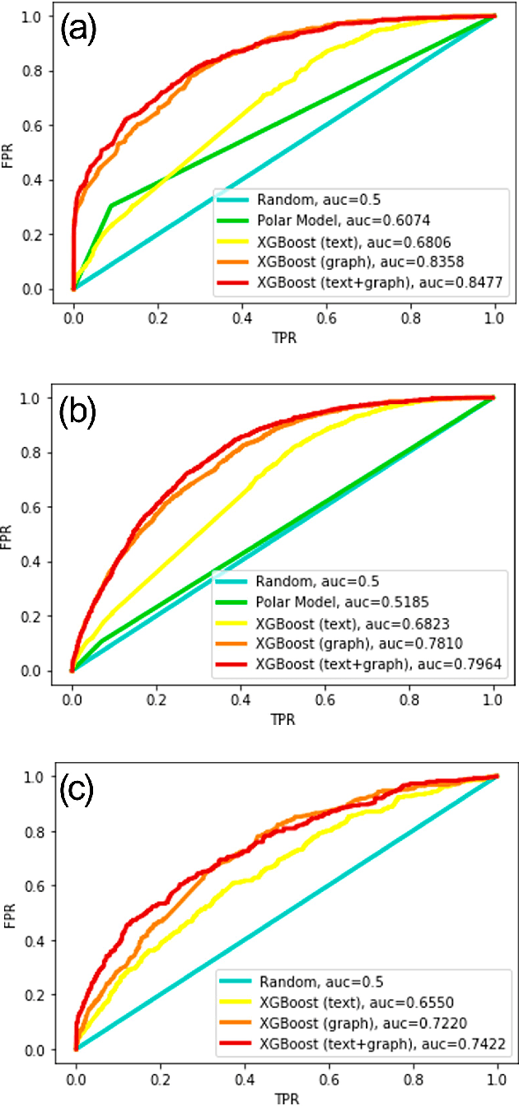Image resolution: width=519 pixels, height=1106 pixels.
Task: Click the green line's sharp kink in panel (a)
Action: [x=110, y=205]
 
